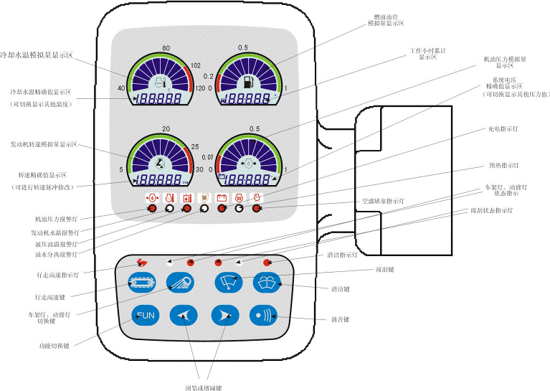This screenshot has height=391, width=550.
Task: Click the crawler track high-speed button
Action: tap(141, 282)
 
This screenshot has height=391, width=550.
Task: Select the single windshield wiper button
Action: tap(227, 282)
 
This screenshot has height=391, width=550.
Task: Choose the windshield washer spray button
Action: tap(263, 282)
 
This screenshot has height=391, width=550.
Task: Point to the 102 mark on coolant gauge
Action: tap(195, 65)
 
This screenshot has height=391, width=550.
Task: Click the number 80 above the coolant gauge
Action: tap(166, 49)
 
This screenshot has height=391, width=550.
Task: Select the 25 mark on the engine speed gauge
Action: tap(196, 147)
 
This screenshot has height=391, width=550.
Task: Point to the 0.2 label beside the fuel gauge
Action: tap(209, 75)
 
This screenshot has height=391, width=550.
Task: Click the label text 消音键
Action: tap(340, 319)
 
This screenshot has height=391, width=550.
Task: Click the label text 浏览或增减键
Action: tap(203, 387)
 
